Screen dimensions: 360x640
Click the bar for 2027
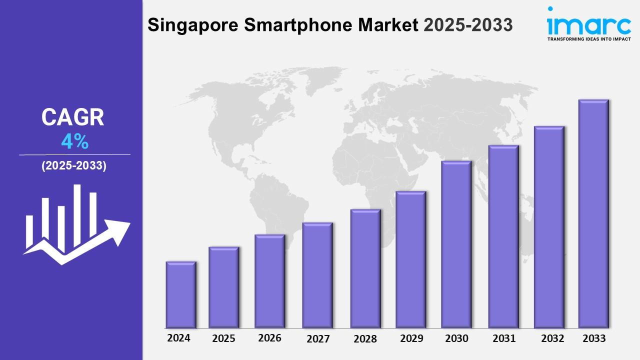317,275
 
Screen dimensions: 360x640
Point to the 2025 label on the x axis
223,338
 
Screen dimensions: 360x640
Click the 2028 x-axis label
365,339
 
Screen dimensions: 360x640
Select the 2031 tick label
504,338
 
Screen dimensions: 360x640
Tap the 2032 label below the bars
552,338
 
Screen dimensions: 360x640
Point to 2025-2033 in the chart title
468,25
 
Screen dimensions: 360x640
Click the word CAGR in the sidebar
73,117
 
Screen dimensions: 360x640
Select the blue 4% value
74,142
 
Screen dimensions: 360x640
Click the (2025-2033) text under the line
74,166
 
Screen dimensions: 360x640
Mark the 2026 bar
269,281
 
